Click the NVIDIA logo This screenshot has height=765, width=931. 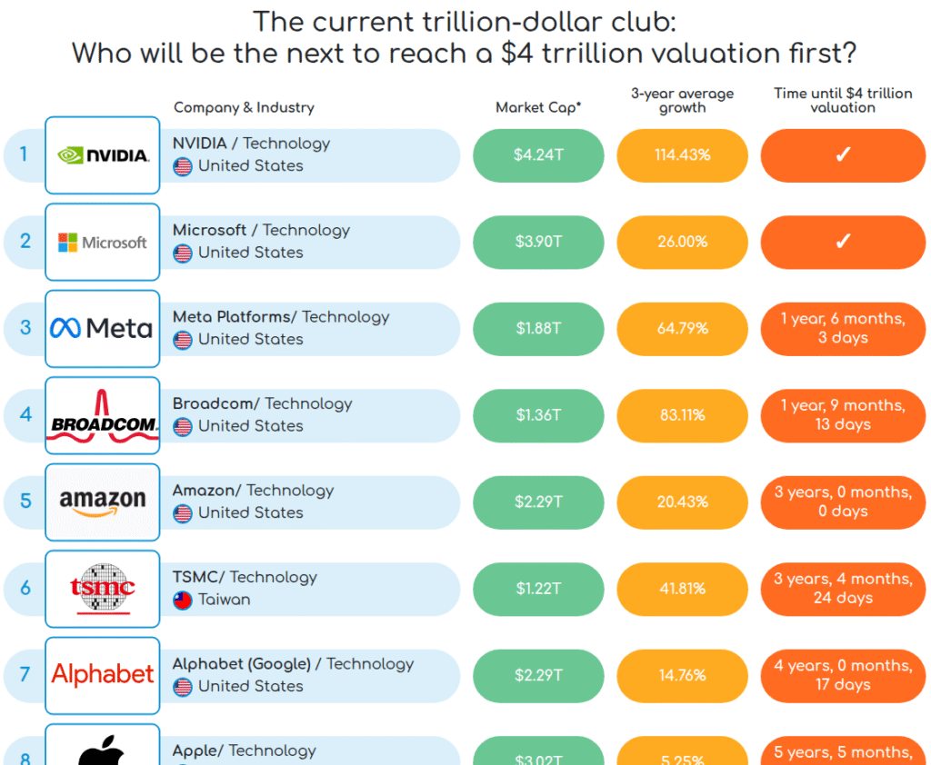(x=103, y=155)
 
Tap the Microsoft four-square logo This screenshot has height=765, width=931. (x=68, y=243)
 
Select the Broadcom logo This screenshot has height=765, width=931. (x=103, y=415)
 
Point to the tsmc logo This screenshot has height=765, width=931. (x=103, y=589)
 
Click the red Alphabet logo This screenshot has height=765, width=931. (x=103, y=674)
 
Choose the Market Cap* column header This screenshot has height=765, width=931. (x=538, y=107)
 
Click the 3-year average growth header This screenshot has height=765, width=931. (x=682, y=100)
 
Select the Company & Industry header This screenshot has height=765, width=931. (x=244, y=107)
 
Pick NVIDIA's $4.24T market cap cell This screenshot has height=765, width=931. (x=538, y=155)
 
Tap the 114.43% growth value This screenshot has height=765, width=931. (x=682, y=155)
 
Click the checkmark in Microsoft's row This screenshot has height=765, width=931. (x=843, y=242)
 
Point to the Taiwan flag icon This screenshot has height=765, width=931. (x=183, y=600)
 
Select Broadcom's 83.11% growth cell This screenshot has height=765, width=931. (x=682, y=415)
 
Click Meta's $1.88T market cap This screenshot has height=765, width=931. (x=538, y=328)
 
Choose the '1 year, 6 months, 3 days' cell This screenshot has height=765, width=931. (x=843, y=328)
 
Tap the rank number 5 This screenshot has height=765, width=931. (x=25, y=501)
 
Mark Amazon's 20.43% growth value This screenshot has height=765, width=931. (x=682, y=502)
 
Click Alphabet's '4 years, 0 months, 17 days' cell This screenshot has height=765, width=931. (x=843, y=675)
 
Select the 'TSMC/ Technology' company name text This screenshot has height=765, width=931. (x=245, y=577)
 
